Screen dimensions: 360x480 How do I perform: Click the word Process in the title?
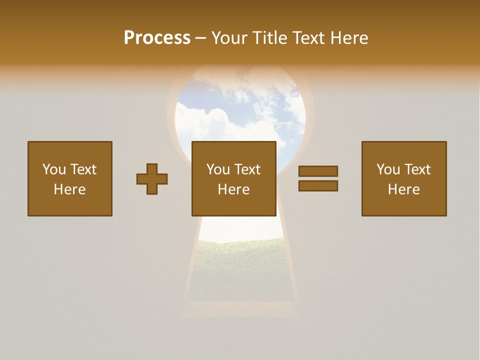point(157,38)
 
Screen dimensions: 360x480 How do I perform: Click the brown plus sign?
point(152,178)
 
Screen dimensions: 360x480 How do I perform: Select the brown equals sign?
point(318,178)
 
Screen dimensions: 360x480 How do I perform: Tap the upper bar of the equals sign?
point(318,171)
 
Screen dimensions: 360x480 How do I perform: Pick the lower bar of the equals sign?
point(318,186)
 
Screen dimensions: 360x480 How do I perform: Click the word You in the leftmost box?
point(53,169)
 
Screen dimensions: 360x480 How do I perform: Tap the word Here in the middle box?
point(233,189)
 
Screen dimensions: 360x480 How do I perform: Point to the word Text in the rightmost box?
point(416,169)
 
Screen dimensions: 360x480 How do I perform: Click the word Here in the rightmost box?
point(403,189)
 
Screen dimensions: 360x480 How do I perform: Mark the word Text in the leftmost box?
point(82,169)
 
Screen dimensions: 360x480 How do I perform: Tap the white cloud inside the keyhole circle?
point(205,122)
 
